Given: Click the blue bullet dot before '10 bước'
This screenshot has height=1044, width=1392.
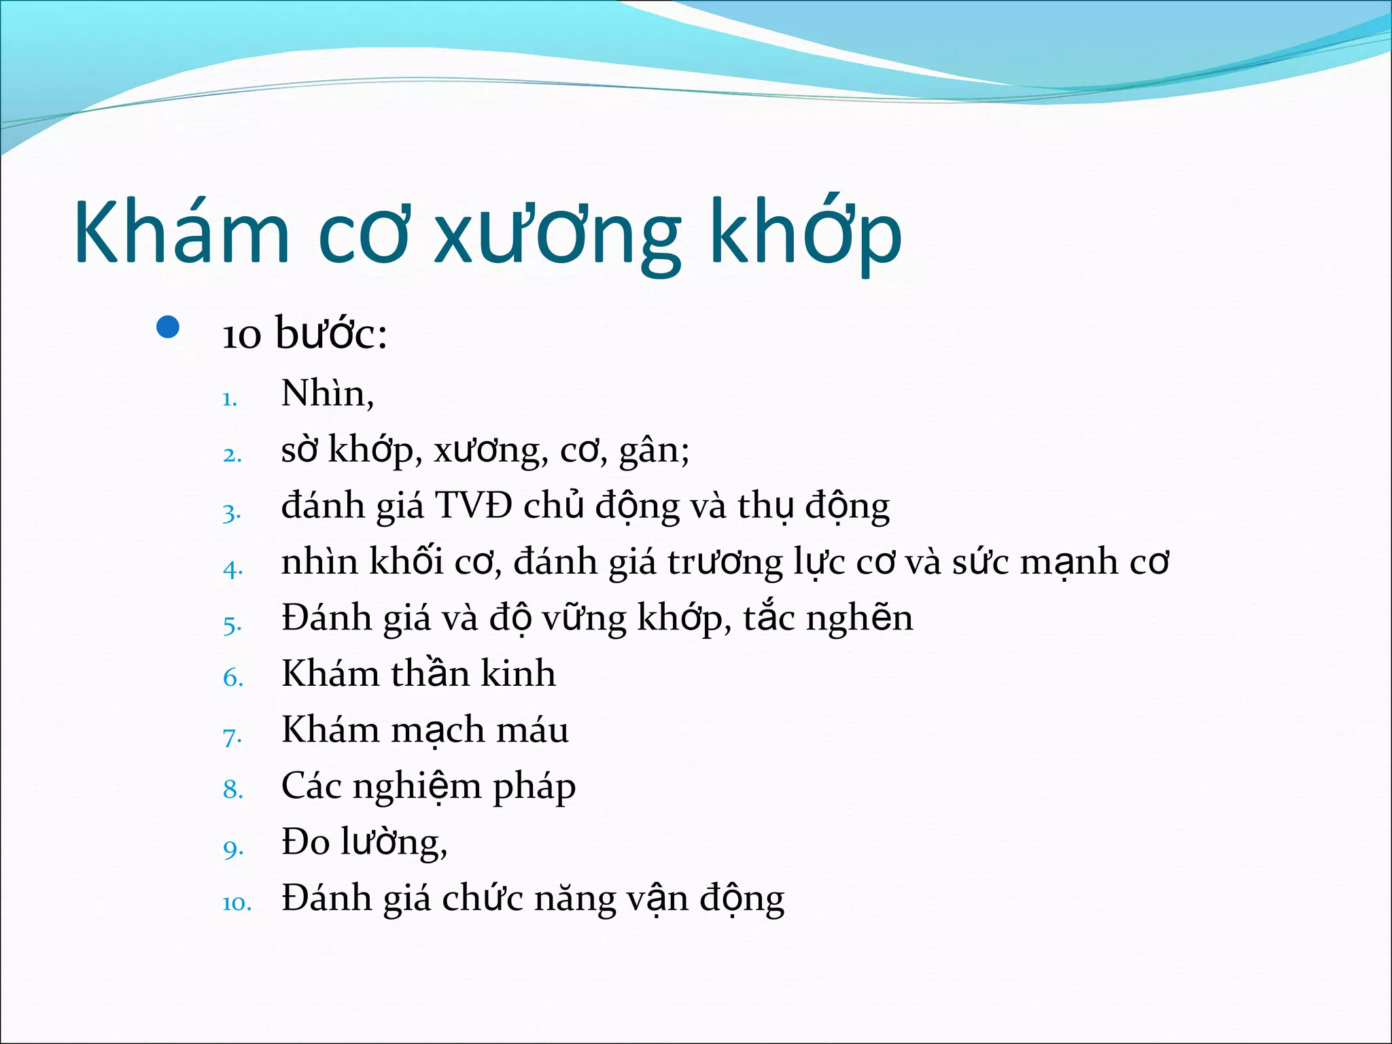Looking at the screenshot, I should click(167, 328).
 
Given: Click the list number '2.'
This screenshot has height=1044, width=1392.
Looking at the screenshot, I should click(232, 454).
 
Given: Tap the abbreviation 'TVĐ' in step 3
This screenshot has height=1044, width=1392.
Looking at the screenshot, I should click(473, 506).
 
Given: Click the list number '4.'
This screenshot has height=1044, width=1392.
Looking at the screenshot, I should click(232, 568).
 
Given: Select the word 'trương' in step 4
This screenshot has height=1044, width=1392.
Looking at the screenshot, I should click(725, 563).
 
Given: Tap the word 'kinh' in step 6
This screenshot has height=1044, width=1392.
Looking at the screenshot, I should click(518, 674).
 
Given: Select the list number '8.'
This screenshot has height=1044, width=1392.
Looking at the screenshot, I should click(232, 790).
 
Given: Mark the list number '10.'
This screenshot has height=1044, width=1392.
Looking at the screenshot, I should click(237, 903).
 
